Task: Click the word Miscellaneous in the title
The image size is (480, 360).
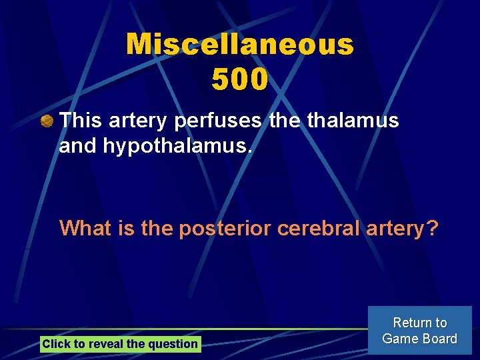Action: (240, 45)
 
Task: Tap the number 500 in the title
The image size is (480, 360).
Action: (240, 79)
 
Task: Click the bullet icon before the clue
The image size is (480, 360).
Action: (46, 121)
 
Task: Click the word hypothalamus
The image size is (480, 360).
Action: (177, 146)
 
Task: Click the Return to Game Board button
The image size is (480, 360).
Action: (419, 331)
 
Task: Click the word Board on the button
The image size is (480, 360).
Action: (440, 339)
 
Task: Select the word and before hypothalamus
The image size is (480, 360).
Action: (77, 146)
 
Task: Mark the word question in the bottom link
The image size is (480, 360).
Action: (175, 344)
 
